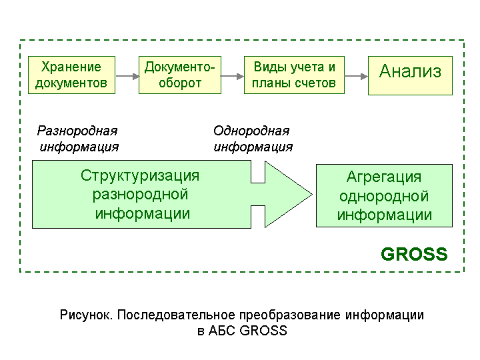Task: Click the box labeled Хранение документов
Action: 71,75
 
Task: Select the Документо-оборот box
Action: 180,75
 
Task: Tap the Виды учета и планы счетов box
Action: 294,75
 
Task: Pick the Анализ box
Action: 410,75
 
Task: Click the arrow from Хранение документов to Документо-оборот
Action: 127,76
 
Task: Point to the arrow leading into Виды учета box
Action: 233,76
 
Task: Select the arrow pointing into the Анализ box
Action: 356,76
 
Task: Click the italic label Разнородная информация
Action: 78,139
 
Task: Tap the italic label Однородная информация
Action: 253,139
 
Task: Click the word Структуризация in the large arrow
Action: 140,176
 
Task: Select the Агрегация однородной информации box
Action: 384,195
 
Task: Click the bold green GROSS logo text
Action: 414,254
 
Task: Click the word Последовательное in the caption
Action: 176,315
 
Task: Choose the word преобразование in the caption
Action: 290,315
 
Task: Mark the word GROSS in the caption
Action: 263,331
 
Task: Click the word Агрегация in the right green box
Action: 384,177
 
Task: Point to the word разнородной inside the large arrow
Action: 140,195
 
